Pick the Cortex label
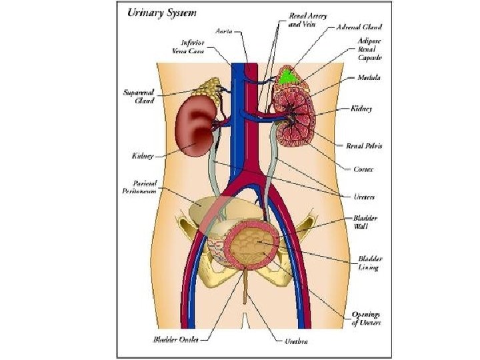pyautogui.click(x=364, y=169)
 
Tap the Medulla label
pyautogui.click(x=368, y=78)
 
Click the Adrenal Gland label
pyautogui.click(x=363, y=27)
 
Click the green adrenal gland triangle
pyautogui.click(x=288, y=76)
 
